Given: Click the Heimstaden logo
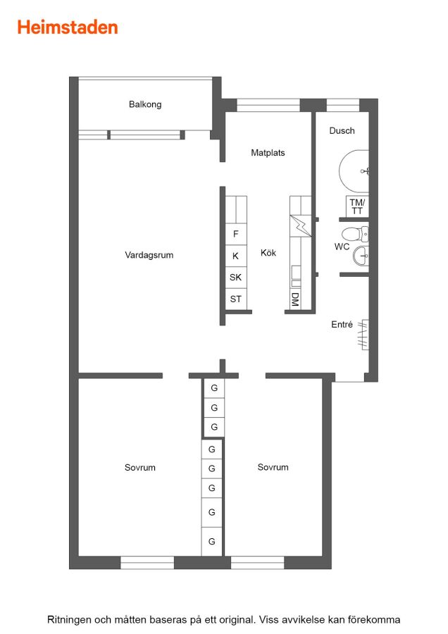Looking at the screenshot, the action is (x=68, y=27).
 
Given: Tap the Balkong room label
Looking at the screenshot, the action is (x=145, y=104).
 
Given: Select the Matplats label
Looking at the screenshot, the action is (x=268, y=153).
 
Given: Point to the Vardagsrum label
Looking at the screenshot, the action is (x=149, y=255).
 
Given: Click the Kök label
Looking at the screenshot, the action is (x=268, y=253).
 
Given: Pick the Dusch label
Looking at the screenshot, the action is (x=342, y=130).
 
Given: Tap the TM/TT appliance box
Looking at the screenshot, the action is (x=357, y=206).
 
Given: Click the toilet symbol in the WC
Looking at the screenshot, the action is (x=355, y=234).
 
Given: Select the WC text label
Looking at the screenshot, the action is (x=342, y=247).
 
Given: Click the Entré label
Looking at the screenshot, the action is (x=342, y=324).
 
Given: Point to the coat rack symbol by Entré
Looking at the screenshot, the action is (x=363, y=335).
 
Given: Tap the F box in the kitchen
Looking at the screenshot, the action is (x=236, y=234).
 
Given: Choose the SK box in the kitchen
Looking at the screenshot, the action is (x=236, y=278).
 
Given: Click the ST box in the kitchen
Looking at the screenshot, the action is (x=236, y=299).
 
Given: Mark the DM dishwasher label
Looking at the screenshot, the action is (x=295, y=299).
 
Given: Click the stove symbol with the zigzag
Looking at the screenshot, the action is (x=300, y=226).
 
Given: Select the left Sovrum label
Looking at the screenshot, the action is (x=140, y=468).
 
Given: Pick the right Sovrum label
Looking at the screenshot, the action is (x=273, y=467).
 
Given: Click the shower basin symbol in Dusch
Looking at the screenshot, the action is (x=354, y=171).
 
